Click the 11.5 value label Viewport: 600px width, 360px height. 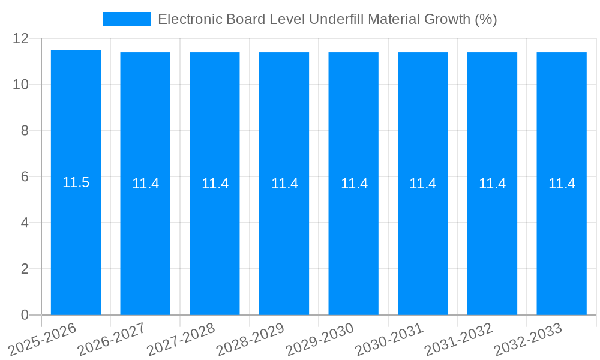coord(76,183)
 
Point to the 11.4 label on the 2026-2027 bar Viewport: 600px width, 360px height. coord(145,184)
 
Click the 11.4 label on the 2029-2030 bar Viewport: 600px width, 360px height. coord(353,184)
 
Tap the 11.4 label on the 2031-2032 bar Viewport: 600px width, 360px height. coord(492,184)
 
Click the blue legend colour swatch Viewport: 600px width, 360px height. coord(127,19)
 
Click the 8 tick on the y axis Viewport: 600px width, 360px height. coord(25,131)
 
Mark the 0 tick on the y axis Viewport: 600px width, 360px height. coord(25,315)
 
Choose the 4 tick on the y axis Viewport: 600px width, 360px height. coord(25,223)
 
